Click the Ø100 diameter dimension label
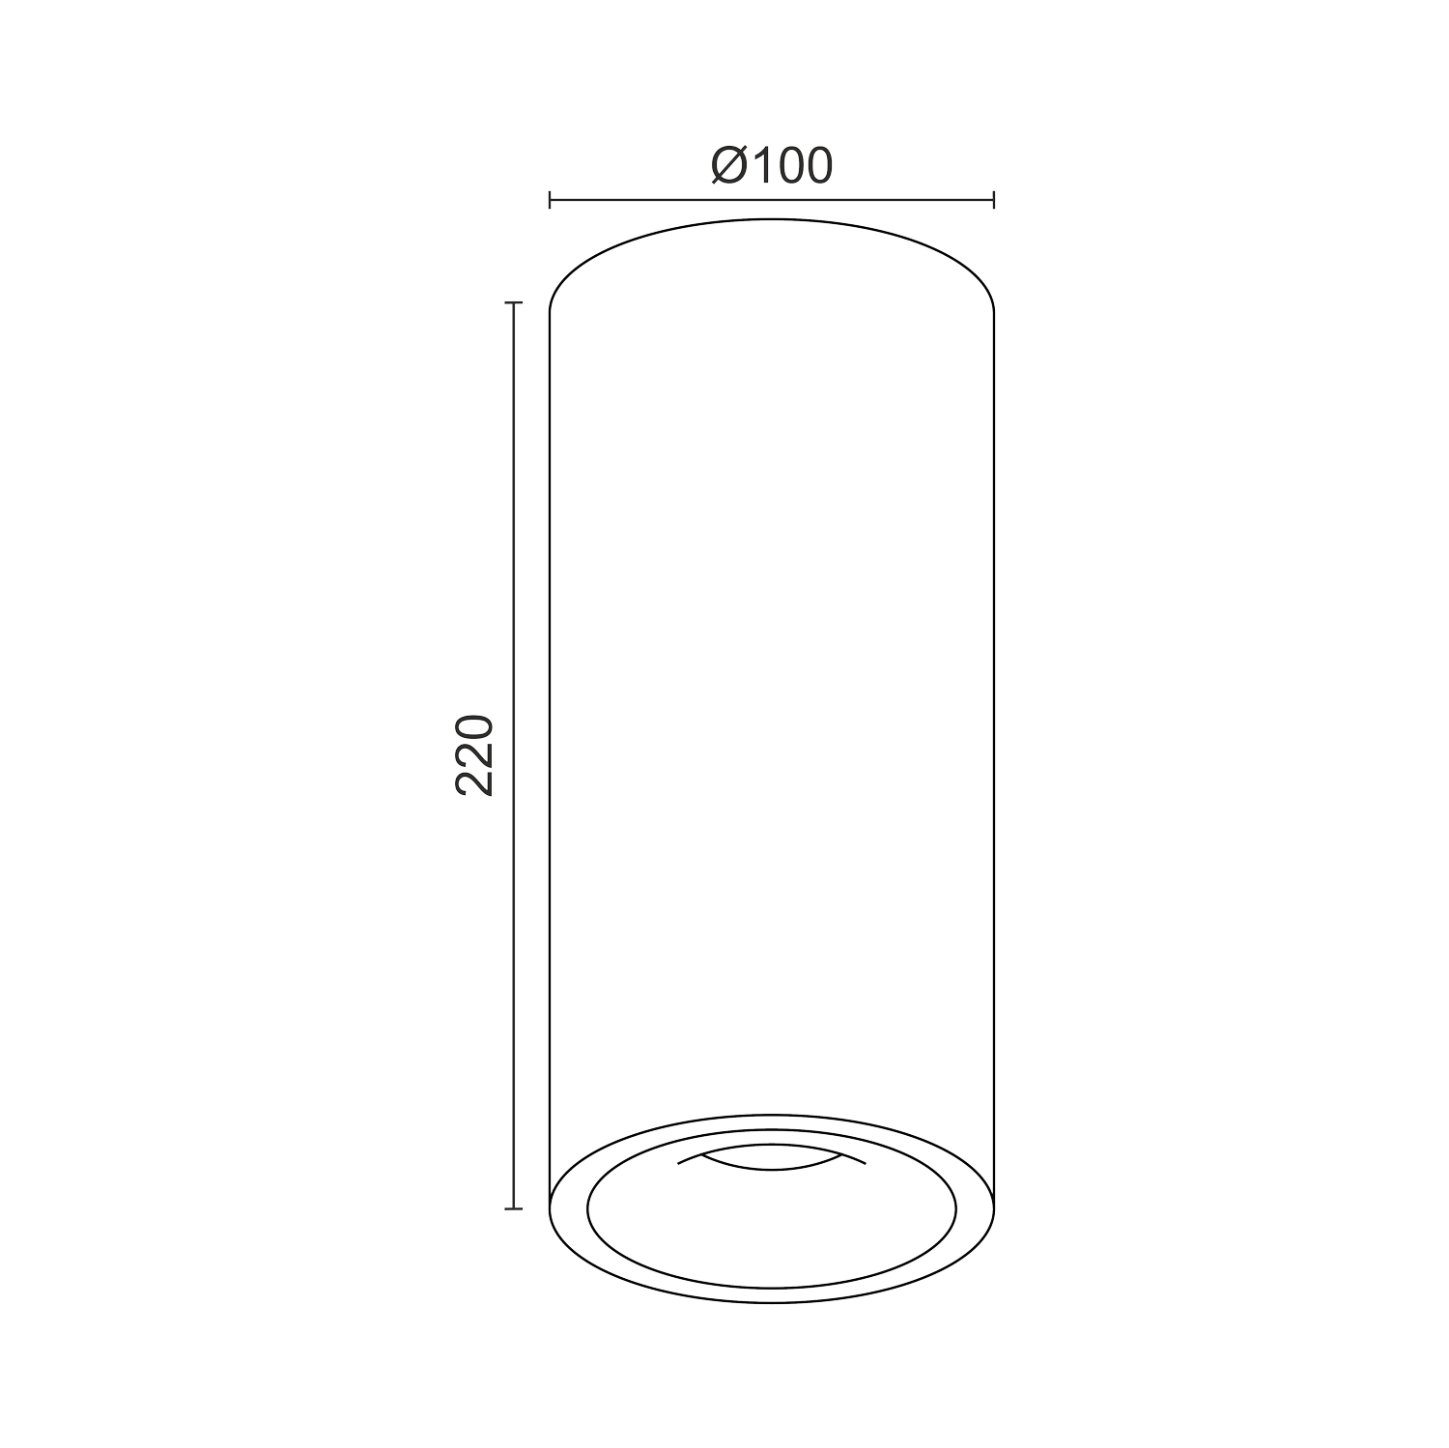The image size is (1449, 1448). point(771,165)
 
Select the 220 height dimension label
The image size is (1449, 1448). point(474,754)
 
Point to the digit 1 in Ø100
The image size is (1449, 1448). point(759,166)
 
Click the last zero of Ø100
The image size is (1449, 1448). point(818,166)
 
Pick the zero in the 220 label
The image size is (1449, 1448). point(474,727)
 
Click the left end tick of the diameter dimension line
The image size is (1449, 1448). point(550,200)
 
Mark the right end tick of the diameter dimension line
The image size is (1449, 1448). point(994,200)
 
